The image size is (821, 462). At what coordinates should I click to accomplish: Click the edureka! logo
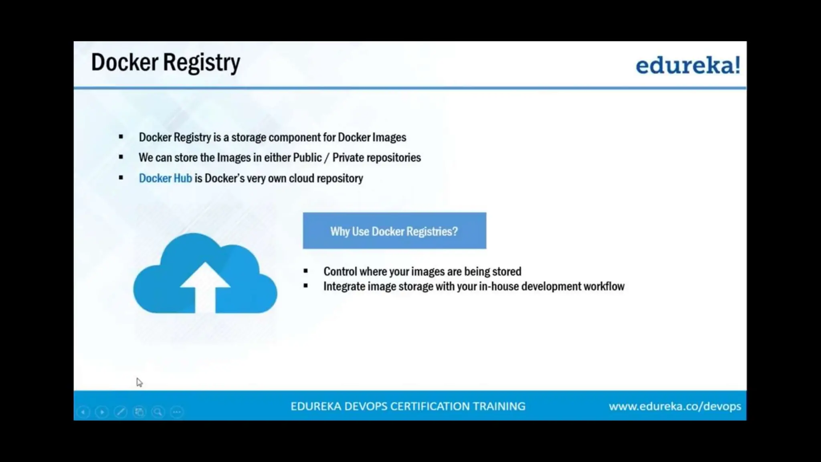click(688, 65)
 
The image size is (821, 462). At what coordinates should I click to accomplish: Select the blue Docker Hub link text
click(165, 178)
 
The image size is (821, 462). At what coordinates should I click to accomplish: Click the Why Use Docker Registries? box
click(394, 231)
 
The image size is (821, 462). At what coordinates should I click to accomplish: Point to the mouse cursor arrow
click(139, 382)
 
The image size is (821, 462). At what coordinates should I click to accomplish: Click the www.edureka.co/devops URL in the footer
click(675, 406)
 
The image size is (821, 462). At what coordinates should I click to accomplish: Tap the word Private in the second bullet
click(348, 158)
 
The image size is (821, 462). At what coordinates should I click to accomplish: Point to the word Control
click(340, 272)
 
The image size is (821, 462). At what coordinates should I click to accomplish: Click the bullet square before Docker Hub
click(121, 178)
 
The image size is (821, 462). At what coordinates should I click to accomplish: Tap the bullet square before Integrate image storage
click(306, 286)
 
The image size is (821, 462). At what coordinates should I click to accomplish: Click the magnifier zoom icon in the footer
click(158, 412)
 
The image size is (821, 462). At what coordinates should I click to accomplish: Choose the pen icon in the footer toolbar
click(120, 412)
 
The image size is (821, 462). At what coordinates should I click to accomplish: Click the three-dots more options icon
click(177, 412)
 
